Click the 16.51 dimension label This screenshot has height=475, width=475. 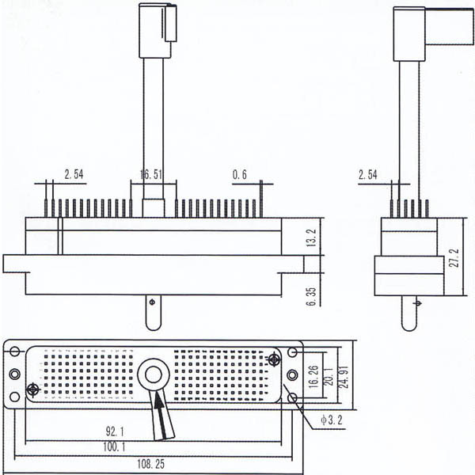tap(150, 173)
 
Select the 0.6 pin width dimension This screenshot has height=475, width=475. tap(239, 173)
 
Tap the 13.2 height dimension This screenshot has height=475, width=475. tap(311, 237)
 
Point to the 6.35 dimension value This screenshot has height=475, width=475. tap(311, 295)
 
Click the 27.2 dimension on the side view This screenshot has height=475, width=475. tap(455, 257)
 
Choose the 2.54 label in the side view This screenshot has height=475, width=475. tap(370, 173)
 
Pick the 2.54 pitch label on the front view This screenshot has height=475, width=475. tap(74, 173)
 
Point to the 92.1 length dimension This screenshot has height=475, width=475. tap(117, 432)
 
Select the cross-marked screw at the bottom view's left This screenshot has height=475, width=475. tap(33, 389)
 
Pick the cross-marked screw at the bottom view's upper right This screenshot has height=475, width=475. tap(273, 360)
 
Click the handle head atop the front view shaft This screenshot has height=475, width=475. tap(156, 30)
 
